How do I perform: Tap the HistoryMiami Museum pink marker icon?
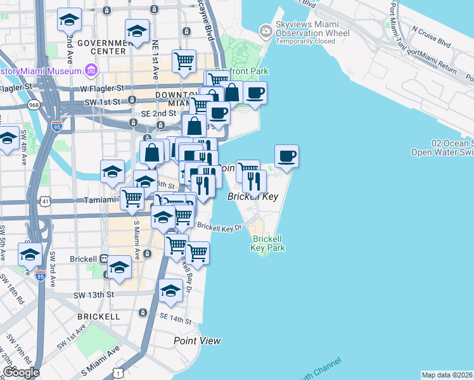pos(91,69)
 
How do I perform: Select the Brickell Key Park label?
pos(267,244)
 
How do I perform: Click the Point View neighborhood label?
pos(197,341)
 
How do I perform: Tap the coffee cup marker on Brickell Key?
pos(286,156)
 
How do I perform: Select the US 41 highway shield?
pos(46,201)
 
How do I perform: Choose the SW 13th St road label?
pos(93,295)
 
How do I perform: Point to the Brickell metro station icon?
pos(103,258)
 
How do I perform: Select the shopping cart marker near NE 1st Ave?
pos(184,61)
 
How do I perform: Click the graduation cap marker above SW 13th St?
pos(119,267)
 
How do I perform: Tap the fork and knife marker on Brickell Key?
pos(254,182)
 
